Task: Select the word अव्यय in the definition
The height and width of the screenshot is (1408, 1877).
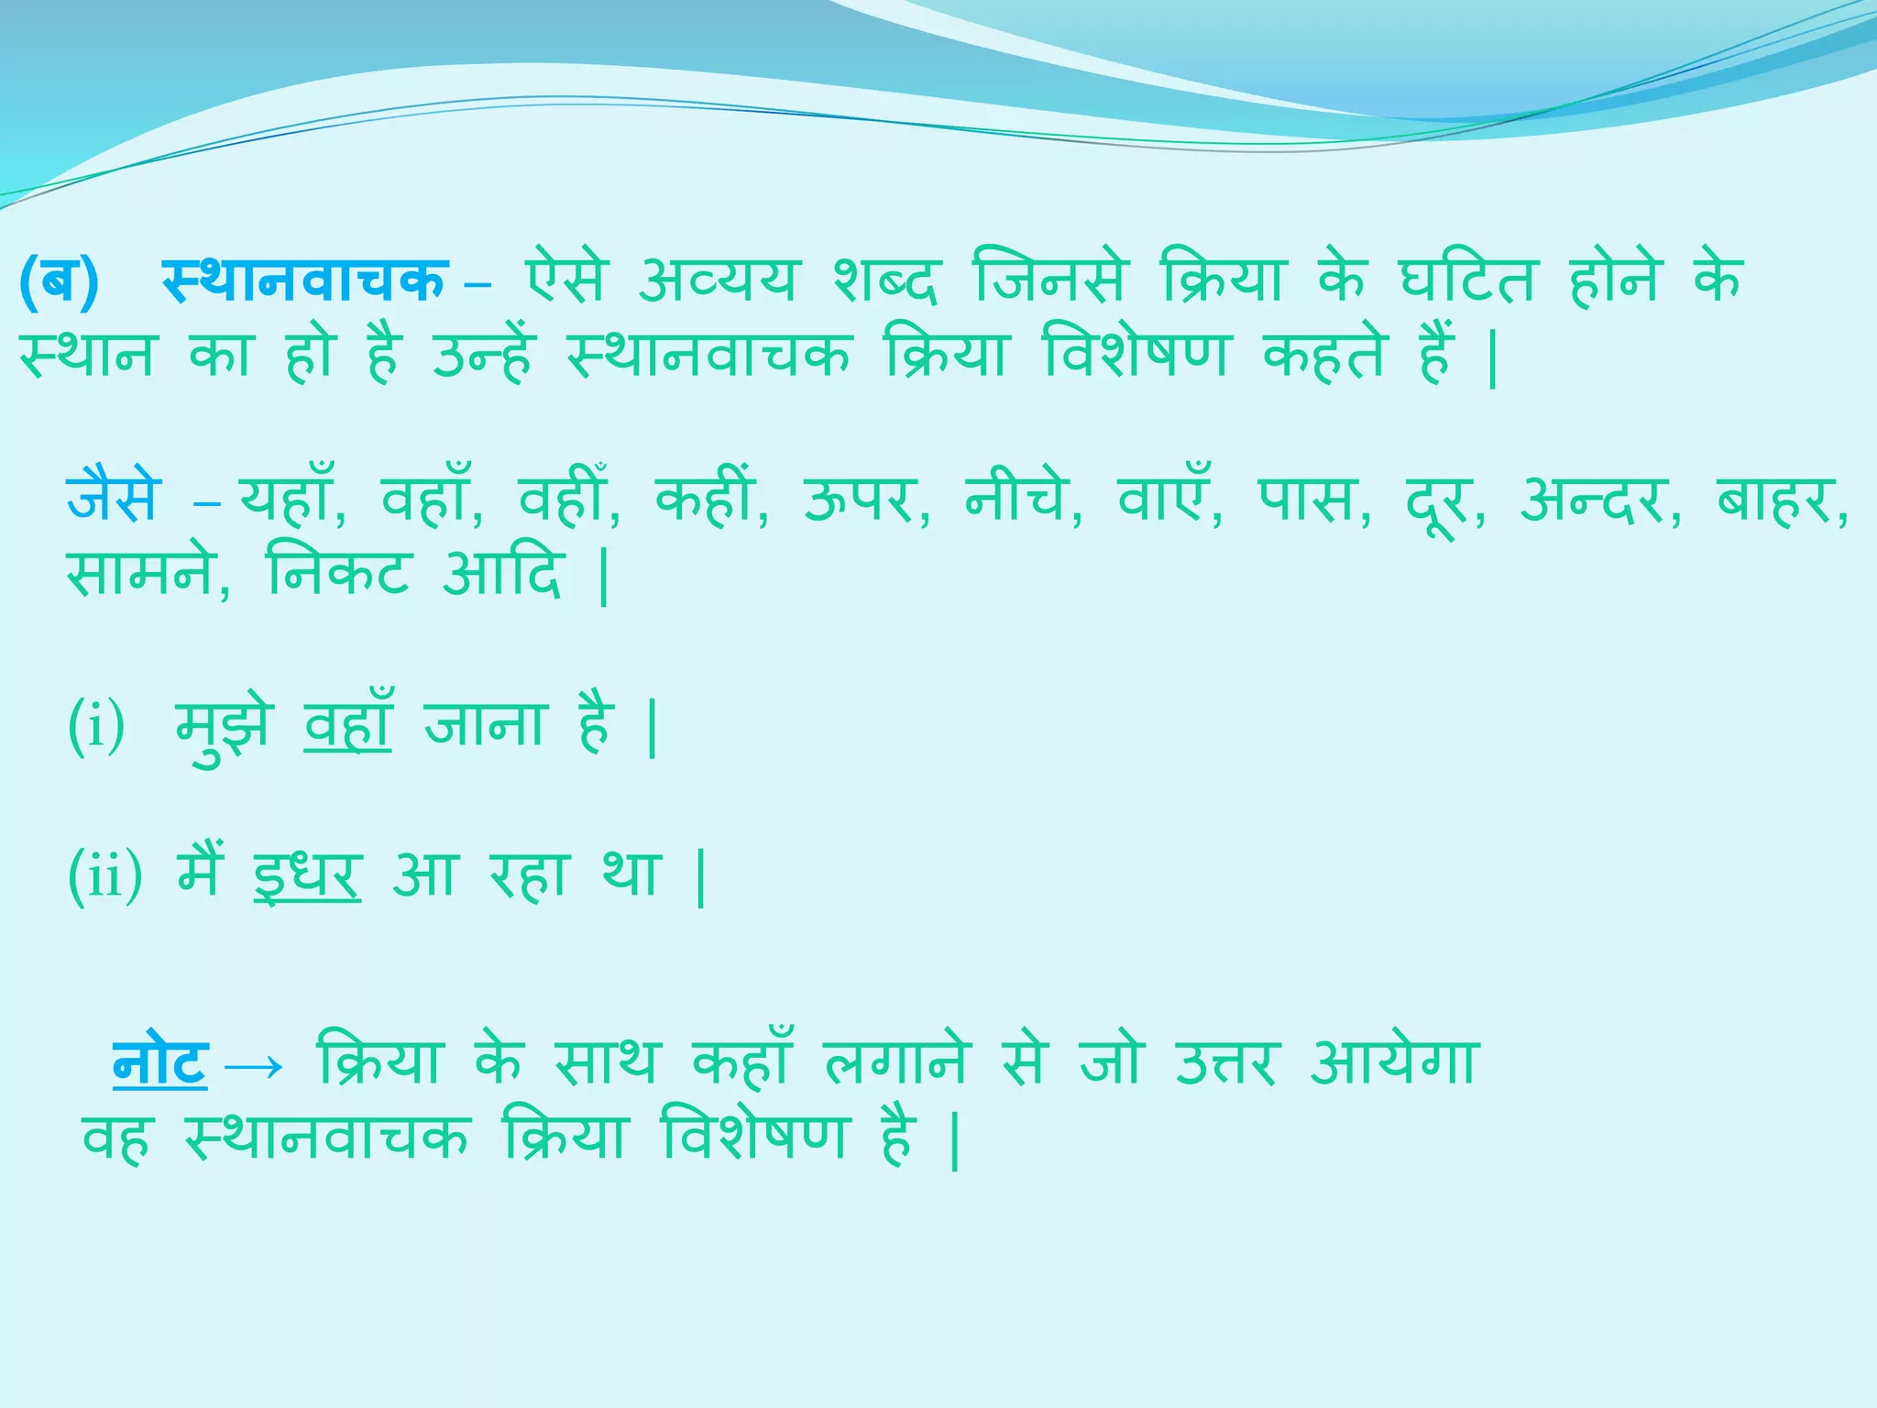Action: (x=717, y=280)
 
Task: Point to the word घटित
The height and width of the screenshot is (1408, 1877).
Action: (x=1465, y=280)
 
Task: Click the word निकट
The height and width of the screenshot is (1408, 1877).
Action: (x=337, y=575)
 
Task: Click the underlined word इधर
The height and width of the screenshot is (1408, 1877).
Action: (x=308, y=875)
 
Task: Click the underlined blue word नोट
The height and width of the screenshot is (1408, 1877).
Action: (x=160, y=1063)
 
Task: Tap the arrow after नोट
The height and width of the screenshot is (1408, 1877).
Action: (x=254, y=1066)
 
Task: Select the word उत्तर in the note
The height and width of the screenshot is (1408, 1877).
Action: (x=1224, y=1063)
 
